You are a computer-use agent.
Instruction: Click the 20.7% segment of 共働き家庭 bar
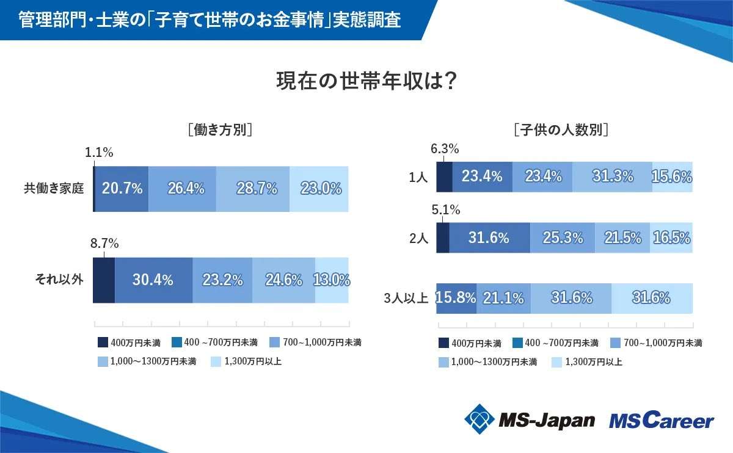point(122,189)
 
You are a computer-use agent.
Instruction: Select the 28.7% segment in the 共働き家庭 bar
point(253,189)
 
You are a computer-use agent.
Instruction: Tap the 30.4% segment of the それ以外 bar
point(153,280)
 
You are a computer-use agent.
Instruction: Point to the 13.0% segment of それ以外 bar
point(332,280)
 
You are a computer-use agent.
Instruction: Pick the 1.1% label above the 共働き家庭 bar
point(98,153)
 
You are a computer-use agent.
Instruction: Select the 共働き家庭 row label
point(53,189)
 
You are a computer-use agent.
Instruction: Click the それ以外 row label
point(59,280)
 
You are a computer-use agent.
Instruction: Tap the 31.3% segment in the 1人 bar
point(612,176)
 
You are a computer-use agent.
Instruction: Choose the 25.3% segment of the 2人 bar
point(563,237)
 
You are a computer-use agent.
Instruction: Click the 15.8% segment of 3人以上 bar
point(456,298)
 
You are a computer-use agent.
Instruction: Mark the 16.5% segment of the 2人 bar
point(671,237)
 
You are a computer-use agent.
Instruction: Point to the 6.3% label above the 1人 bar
point(445,148)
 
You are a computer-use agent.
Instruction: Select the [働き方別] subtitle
point(221,129)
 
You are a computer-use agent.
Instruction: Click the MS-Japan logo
point(529,419)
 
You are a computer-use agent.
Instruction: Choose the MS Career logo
point(661,420)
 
